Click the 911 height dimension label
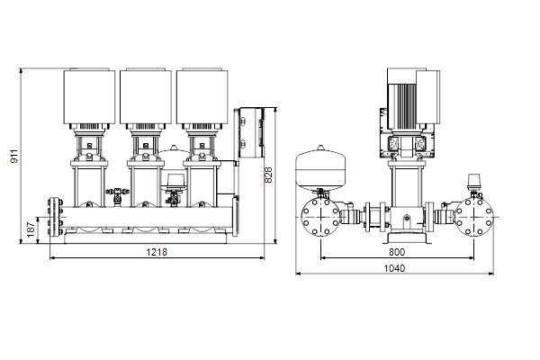click(14, 157)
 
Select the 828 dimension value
click(268, 175)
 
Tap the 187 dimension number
click(31, 229)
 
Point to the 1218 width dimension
click(157, 253)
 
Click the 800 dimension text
click(397, 253)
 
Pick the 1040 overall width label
click(394, 268)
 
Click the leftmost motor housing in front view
click(89, 96)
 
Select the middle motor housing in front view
click(146, 96)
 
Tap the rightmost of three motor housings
click(202, 96)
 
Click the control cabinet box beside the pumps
click(251, 133)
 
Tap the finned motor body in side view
click(402, 106)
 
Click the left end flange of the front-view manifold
click(54, 217)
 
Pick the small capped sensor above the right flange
click(473, 182)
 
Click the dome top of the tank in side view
click(320, 148)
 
